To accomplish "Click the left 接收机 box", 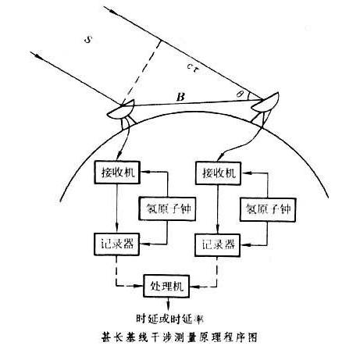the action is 117,173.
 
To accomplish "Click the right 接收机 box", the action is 218,173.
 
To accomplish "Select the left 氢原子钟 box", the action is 167,209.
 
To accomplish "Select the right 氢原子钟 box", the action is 268,209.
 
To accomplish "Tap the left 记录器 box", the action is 116,244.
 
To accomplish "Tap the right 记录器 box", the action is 218,245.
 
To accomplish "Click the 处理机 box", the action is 166,286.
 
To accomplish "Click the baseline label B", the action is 180,97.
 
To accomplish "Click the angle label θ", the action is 239,94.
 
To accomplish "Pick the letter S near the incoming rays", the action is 88,40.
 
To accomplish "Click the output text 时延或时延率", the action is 169,319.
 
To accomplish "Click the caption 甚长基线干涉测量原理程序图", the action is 180,337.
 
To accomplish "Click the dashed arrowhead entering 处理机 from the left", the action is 140,286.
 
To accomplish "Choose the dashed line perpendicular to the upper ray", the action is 142,73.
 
